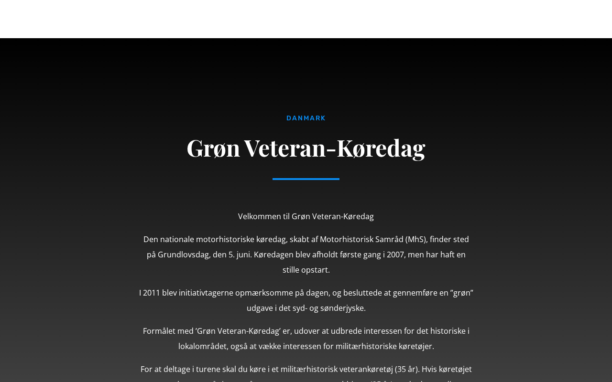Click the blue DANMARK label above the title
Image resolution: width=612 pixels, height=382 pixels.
(306, 118)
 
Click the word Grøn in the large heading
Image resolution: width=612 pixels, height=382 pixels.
(213, 148)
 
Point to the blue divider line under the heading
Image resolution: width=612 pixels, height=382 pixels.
(306, 179)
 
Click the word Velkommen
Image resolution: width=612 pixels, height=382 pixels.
(259, 216)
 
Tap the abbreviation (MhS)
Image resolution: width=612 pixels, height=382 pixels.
(416, 239)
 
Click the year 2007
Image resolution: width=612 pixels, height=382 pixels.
(395, 255)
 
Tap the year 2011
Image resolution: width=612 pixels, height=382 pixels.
(151, 293)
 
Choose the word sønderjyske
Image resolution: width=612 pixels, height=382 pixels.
(343, 308)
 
